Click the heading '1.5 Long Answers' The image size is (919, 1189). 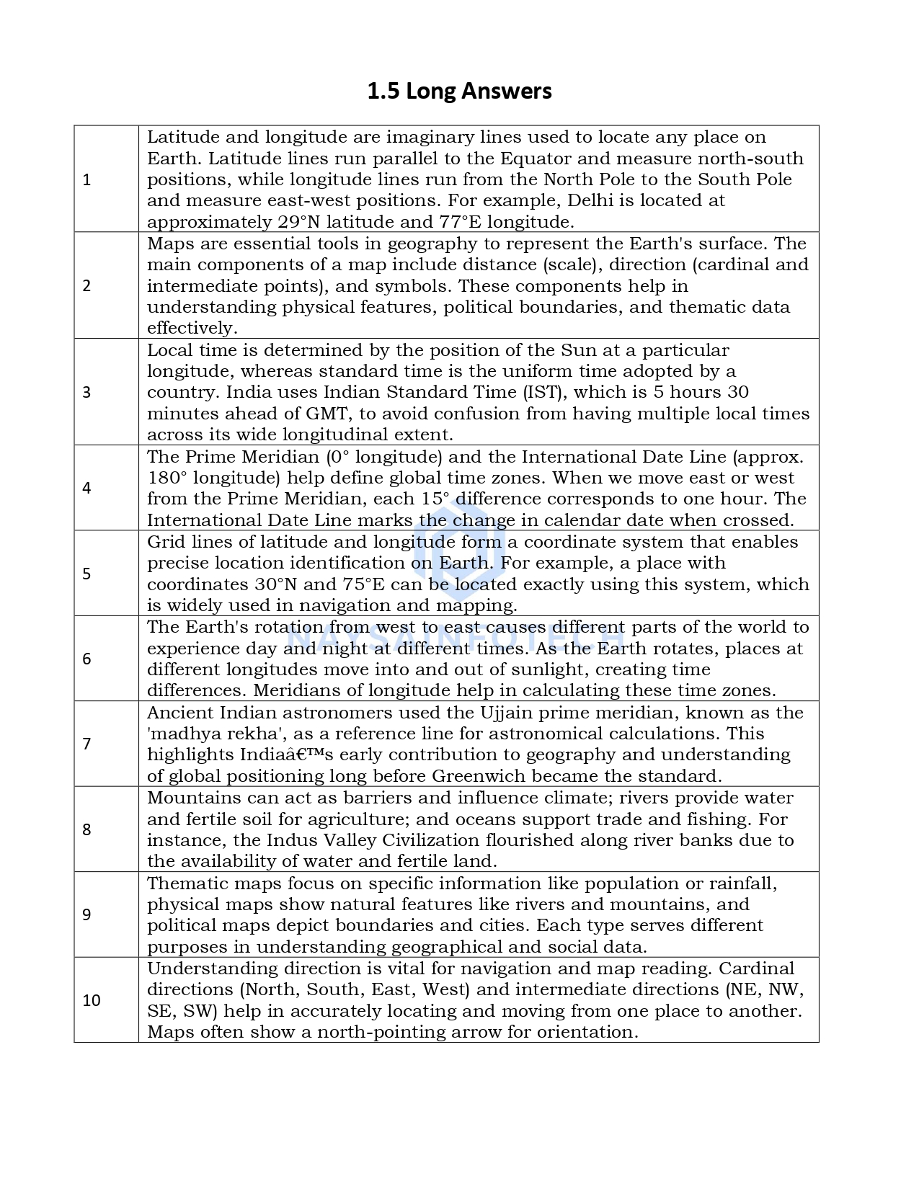(459, 92)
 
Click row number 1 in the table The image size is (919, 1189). (87, 180)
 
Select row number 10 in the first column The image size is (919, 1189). (92, 1000)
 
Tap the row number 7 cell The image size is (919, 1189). (87, 744)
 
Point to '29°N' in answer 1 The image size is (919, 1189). (298, 222)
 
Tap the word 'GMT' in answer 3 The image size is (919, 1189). (327, 414)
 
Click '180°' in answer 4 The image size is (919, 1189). (167, 478)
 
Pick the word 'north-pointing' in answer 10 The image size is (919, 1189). (381, 1032)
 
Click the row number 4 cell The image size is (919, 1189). (87, 488)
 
